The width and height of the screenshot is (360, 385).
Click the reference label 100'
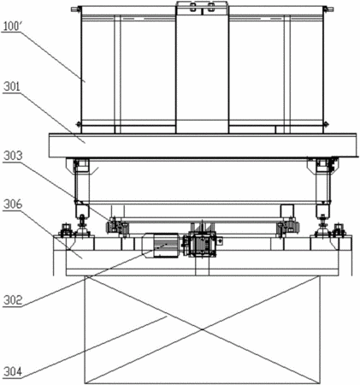click(12, 27)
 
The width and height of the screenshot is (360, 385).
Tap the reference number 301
click(12, 86)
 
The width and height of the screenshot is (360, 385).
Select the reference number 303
click(13, 156)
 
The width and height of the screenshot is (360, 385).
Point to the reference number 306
click(13, 204)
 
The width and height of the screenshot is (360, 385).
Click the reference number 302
click(13, 300)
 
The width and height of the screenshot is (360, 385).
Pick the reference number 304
click(13, 372)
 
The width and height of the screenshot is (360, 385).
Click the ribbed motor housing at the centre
click(161, 246)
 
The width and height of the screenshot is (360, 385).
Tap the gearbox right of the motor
click(201, 245)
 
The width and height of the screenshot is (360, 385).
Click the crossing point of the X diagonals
click(203, 329)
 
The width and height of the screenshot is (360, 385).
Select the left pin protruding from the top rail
click(75, 9)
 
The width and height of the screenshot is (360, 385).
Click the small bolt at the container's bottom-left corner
click(78, 124)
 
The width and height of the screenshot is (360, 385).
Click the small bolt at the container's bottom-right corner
click(326, 124)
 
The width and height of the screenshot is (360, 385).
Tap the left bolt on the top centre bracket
click(193, 7)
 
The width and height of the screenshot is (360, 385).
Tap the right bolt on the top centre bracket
click(210, 7)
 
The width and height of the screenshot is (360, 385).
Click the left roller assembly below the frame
click(117, 227)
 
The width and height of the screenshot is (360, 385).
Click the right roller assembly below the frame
click(288, 227)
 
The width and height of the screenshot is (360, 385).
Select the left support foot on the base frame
click(82, 225)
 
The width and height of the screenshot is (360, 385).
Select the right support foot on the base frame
click(323, 225)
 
